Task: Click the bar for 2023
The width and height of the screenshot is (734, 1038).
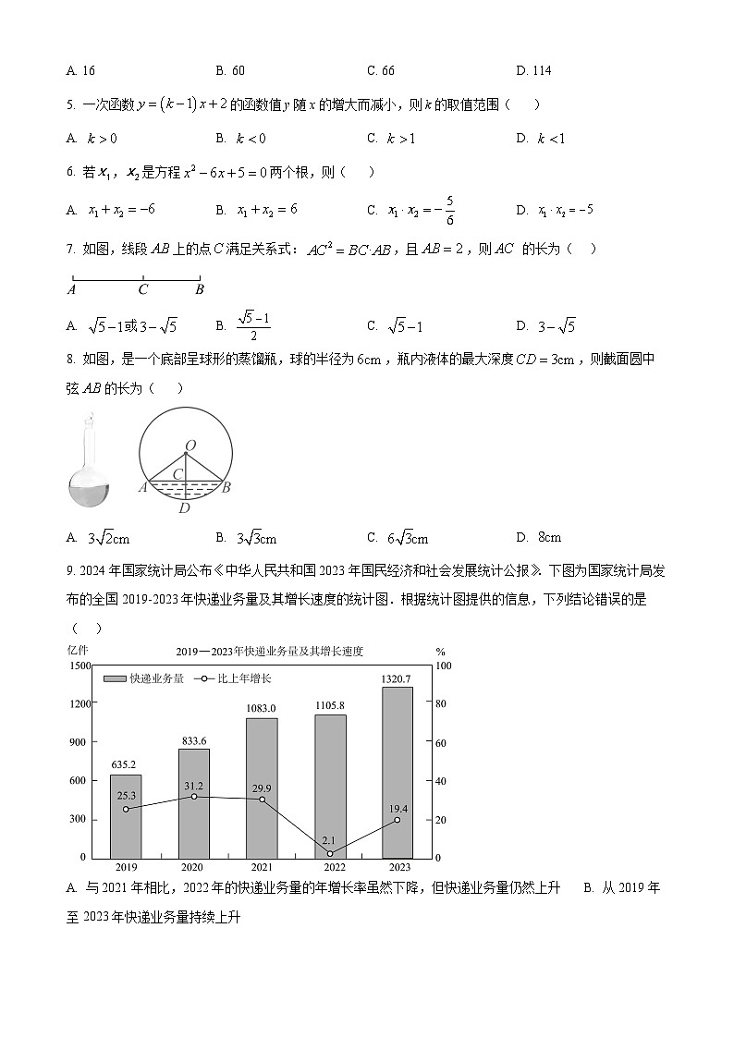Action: click(x=397, y=772)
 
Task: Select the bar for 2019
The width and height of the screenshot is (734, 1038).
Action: click(x=126, y=816)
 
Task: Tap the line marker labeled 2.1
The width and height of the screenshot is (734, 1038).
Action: click(x=329, y=853)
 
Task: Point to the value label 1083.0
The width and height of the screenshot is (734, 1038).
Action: click(x=262, y=708)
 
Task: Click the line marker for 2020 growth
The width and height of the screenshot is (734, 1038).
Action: click(x=193, y=797)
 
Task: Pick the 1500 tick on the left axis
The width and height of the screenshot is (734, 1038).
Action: click(x=79, y=666)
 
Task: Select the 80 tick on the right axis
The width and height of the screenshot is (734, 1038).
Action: click(x=443, y=704)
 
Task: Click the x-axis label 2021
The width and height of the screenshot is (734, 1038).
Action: click(x=262, y=868)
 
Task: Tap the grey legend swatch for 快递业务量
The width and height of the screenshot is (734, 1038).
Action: click(x=115, y=678)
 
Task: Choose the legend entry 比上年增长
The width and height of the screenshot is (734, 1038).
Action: click(x=232, y=678)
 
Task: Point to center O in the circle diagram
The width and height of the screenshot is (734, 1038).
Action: click(x=190, y=446)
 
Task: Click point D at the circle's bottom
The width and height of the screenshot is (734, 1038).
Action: click(x=185, y=507)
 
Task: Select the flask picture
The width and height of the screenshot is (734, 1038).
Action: click(x=90, y=462)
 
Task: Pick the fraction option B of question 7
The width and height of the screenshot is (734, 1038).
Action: click(x=245, y=326)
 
